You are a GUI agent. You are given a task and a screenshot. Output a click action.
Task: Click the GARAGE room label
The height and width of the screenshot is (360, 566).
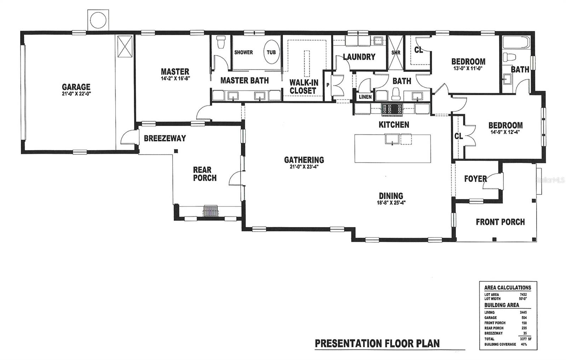[x=76, y=87]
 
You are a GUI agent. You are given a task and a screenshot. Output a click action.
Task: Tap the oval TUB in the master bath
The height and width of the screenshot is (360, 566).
[x=272, y=52]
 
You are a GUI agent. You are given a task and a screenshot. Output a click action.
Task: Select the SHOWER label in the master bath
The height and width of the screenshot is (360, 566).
[x=244, y=52]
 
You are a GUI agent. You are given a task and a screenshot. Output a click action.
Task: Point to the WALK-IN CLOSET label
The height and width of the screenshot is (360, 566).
[x=304, y=87]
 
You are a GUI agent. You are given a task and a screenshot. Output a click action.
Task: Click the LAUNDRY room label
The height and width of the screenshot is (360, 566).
[x=359, y=57]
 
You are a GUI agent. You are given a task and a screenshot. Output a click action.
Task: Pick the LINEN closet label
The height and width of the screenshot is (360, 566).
[x=365, y=97]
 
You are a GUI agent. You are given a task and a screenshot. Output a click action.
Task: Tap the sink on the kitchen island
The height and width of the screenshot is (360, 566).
[x=392, y=139]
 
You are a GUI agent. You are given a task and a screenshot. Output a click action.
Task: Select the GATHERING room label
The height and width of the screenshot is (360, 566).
[x=304, y=160]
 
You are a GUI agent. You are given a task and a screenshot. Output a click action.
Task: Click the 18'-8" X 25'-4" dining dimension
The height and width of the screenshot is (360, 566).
[x=391, y=203]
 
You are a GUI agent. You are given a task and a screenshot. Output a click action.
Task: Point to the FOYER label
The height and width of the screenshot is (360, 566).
[x=475, y=179]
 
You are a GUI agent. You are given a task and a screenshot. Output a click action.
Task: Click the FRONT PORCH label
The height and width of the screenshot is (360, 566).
[x=500, y=222]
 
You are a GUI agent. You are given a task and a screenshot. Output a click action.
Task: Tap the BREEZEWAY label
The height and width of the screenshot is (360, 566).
[x=165, y=138]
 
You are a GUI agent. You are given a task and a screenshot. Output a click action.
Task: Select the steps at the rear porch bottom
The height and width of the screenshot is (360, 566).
[x=211, y=211]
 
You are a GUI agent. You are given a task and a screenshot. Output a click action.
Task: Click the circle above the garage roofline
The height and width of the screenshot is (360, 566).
[x=98, y=19]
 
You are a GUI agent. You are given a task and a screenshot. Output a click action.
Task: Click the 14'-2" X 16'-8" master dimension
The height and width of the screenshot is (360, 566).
[x=175, y=79]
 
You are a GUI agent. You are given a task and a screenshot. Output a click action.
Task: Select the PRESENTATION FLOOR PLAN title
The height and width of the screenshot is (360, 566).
[x=377, y=344]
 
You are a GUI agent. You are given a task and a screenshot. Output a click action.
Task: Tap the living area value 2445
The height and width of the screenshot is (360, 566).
[x=523, y=313]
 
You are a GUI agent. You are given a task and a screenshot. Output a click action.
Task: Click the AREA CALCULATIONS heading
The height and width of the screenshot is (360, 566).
[x=507, y=288]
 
